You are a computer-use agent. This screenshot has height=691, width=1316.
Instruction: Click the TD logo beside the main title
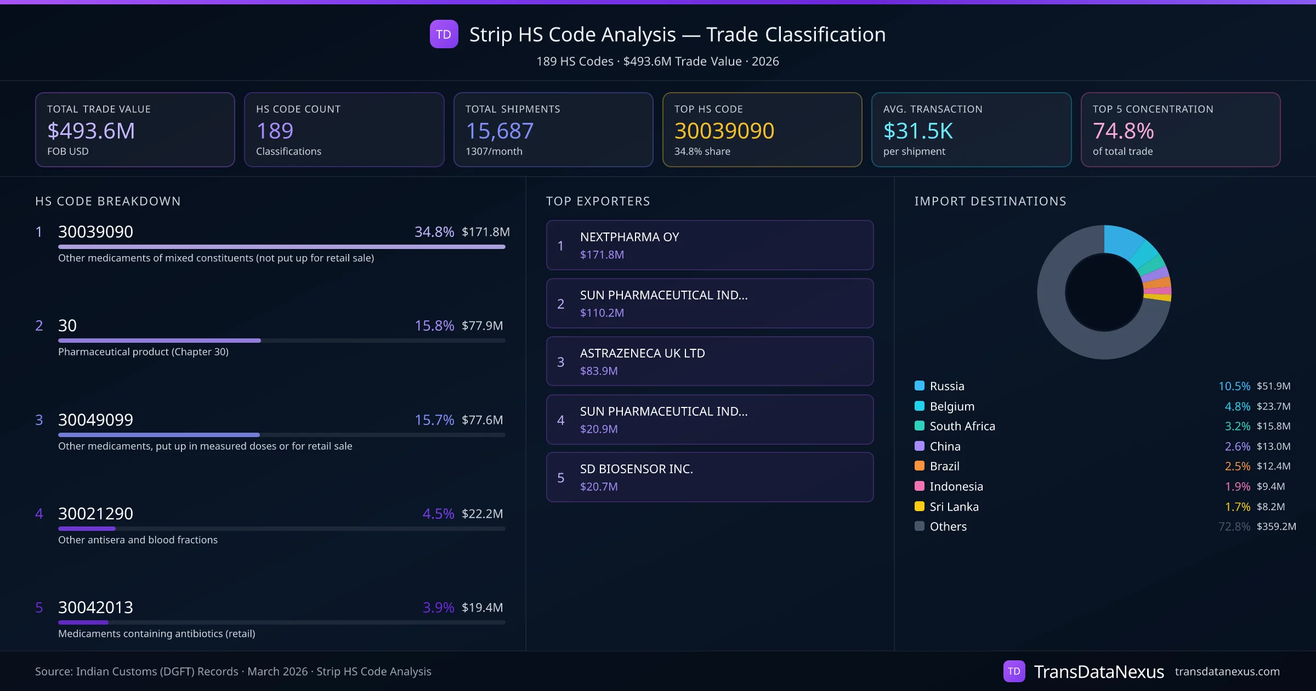pyautogui.click(x=444, y=34)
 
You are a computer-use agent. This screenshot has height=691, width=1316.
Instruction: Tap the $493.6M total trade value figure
pyautogui.click(x=91, y=131)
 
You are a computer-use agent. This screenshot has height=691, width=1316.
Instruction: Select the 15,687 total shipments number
pyautogui.click(x=500, y=131)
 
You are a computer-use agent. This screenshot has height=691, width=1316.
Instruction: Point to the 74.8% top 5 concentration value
pyautogui.click(x=1123, y=131)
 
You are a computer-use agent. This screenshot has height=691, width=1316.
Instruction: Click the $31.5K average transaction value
pyautogui.click(x=918, y=131)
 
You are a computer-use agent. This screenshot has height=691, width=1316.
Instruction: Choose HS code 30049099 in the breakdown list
pyautogui.click(x=95, y=420)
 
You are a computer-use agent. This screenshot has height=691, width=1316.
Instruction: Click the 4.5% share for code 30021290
pyautogui.click(x=438, y=513)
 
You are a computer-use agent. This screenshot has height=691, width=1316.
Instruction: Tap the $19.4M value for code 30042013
pyautogui.click(x=482, y=607)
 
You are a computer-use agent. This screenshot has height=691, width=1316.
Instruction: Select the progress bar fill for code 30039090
pyautogui.click(x=281, y=247)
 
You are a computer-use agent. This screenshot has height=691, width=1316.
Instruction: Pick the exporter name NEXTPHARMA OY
pyautogui.click(x=629, y=237)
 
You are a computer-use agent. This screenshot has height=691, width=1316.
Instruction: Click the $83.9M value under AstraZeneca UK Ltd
pyautogui.click(x=599, y=371)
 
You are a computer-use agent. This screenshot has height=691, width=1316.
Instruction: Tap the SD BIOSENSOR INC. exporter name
pyautogui.click(x=637, y=469)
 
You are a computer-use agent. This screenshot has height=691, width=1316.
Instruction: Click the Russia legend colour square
pyautogui.click(x=920, y=386)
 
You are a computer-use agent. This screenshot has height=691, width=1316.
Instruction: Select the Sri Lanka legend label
pyautogui.click(x=954, y=507)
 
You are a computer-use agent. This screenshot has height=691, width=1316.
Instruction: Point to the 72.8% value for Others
pyautogui.click(x=1234, y=526)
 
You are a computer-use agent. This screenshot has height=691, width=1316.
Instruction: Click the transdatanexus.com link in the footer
pyautogui.click(x=1227, y=671)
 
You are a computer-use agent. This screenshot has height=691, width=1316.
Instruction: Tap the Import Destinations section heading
pyautogui.click(x=990, y=201)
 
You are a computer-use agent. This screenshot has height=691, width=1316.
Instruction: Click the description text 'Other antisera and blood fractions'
pyautogui.click(x=138, y=540)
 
